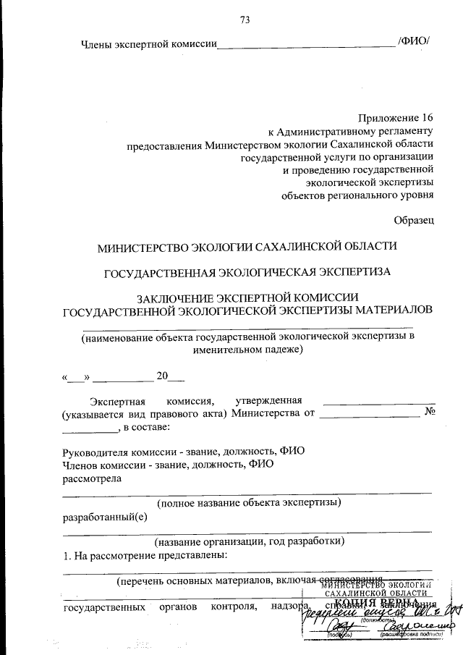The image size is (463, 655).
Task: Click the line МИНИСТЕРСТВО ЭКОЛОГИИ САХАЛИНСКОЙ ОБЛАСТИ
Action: [x=247, y=246]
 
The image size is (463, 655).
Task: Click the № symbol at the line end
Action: [x=428, y=413]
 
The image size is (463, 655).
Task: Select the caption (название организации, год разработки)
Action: [x=250, y=541]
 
